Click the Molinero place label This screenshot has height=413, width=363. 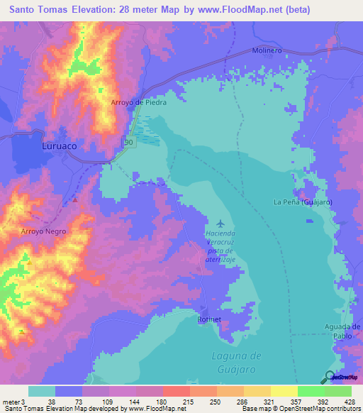(x=267, y=50)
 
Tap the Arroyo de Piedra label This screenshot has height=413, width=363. (x=139, y=102)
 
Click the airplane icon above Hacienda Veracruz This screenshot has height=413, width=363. (x=218, y=224)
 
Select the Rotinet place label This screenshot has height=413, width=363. (x=209, y=320)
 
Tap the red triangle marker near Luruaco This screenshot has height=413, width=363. (x=75, y=199)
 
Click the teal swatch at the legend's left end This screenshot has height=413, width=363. (x=42, y=391)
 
